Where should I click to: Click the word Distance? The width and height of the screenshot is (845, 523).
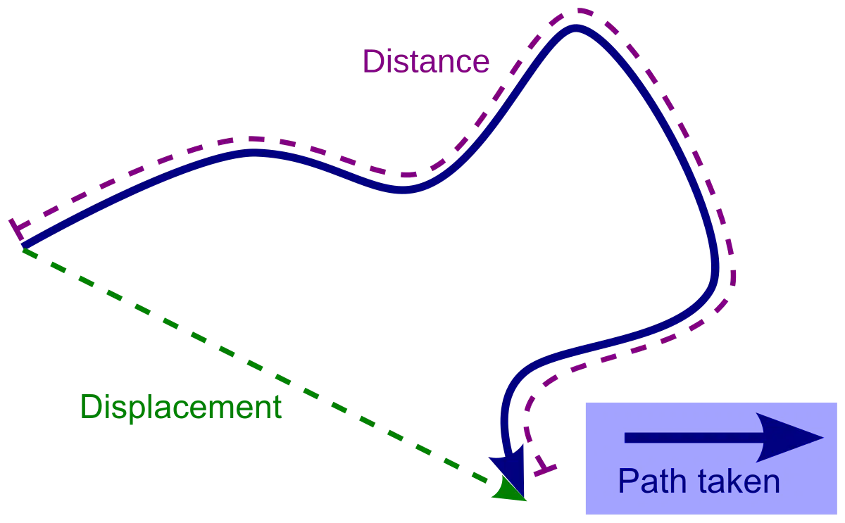[x=426, y=61]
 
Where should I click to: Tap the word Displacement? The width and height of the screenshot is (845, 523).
[x=181, y=408]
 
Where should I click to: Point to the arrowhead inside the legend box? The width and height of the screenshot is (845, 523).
[x=789, y=437]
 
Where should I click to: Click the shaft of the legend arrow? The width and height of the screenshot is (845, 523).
[x=694, y=437]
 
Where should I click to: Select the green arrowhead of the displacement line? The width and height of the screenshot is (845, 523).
[x=508, y=489]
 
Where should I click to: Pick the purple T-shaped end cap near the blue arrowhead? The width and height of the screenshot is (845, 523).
[x=545, y=467]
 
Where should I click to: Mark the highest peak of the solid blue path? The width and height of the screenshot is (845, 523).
[x=576, y=29]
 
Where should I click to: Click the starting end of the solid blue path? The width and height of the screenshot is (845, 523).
[x=23, y=247]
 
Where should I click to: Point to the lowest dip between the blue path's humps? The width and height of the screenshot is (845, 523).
[x=402, y=190]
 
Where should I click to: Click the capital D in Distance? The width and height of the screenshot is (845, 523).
[x=373, y=61]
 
